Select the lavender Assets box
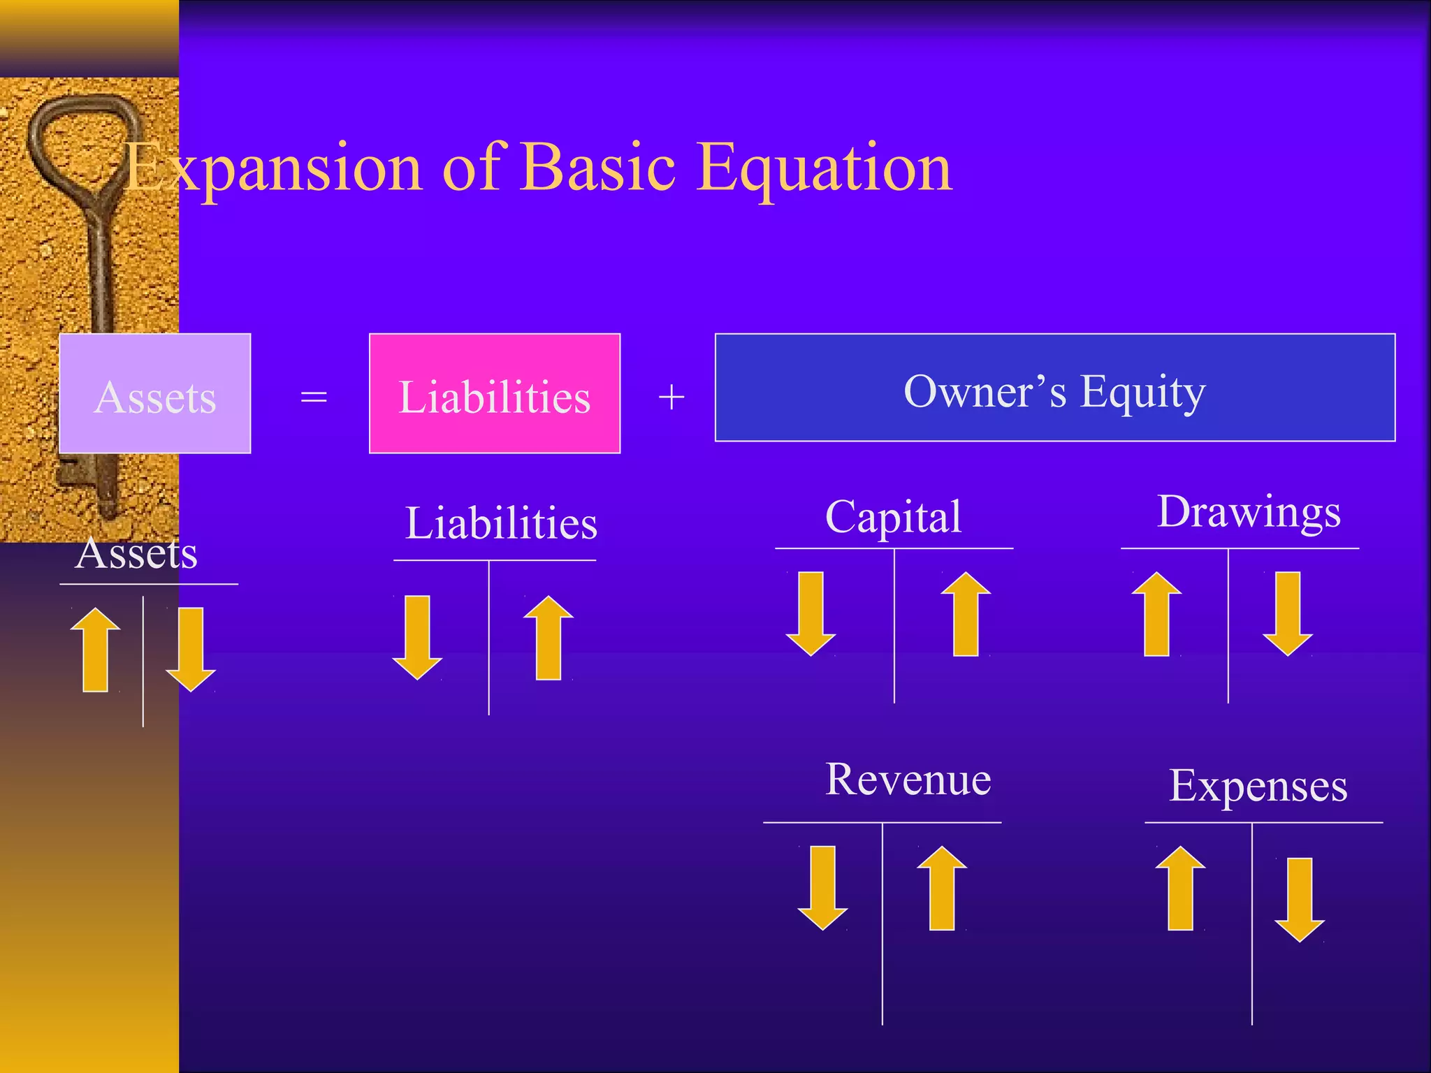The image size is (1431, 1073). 155,394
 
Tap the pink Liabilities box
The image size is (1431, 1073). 495,394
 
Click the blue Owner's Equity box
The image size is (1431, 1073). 1055,388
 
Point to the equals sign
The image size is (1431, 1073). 314,397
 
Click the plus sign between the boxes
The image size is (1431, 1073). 671,397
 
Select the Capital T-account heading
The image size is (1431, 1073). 893,517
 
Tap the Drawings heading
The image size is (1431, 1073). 1249,511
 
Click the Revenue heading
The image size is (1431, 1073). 908,779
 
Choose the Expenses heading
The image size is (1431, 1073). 1258,786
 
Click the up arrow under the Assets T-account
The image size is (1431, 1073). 96,650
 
